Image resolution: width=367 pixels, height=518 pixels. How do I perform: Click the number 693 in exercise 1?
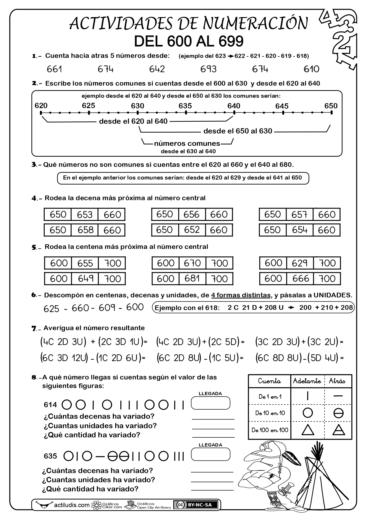208,69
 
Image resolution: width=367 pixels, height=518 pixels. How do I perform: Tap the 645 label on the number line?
282,106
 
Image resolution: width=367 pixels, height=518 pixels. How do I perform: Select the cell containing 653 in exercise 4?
85,215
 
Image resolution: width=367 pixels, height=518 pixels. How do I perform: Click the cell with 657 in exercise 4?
299,215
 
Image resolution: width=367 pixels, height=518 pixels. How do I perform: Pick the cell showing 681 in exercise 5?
192,278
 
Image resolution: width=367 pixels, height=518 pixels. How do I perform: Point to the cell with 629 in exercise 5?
300,263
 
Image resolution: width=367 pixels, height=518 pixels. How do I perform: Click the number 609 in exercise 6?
107,308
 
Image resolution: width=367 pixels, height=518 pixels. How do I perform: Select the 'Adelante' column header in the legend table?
307,381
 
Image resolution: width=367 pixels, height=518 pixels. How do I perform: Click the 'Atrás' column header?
337,381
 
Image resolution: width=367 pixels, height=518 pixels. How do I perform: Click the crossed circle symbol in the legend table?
338,413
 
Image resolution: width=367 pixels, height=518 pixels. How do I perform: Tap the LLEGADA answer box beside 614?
211,403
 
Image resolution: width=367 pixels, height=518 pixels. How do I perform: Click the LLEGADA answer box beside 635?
211,454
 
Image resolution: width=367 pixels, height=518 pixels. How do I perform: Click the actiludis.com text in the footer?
72,505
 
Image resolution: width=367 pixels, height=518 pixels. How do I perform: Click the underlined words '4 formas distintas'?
241,295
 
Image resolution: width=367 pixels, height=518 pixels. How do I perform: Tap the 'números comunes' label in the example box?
187,144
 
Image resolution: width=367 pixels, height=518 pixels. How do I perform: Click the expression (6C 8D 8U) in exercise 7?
278,358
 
